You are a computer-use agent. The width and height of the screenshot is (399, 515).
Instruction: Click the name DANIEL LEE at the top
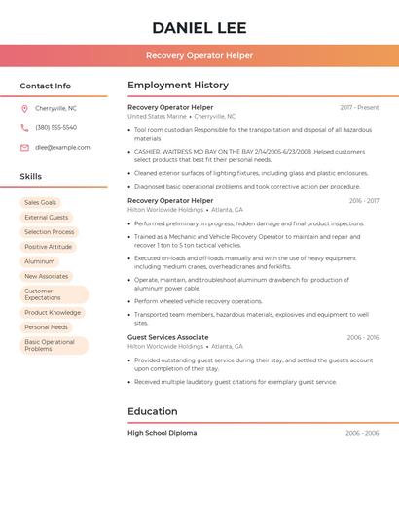coord(199,27)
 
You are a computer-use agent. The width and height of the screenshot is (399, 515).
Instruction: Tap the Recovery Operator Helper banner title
coord(199,56)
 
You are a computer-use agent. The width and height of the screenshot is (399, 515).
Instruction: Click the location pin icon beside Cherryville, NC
coord(24,109)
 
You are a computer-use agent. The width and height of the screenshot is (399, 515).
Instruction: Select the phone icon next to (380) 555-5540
coord(24,128)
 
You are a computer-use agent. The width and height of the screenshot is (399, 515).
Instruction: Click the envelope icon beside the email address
coord(24,148)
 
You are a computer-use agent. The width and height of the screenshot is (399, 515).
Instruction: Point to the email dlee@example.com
coord(62,148)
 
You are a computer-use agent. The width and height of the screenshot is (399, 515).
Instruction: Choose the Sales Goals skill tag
coord(41,202)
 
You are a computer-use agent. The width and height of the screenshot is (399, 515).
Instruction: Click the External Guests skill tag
coord(47,218)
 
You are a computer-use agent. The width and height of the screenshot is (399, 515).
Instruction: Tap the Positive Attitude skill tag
coord(49,247)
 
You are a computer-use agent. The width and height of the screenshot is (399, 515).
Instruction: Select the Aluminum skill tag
coord(40,261)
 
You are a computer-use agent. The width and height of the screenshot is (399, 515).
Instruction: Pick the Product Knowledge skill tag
coord(53,313)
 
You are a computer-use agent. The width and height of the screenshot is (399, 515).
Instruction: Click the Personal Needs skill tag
coord(46,327)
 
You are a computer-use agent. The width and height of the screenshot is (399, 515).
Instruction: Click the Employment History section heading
coord(178,86)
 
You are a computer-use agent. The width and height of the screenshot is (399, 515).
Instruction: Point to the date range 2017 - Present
coord(359,107)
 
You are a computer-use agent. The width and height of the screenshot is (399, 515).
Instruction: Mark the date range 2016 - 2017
coord(363,201)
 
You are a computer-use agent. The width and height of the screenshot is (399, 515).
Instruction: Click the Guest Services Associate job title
coord(168,337)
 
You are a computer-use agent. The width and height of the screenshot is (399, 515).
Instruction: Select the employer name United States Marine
coord(157,117)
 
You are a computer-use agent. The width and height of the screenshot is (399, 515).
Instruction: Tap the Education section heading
coord(153,411)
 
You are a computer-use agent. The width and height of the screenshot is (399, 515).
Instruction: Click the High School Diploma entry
coord(162,433)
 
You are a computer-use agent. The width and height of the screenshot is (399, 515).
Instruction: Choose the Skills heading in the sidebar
coord(31,177)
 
